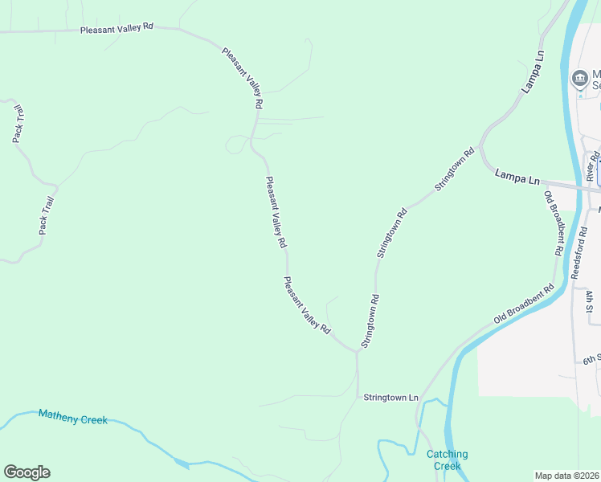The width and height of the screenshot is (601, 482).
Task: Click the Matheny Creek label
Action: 72,417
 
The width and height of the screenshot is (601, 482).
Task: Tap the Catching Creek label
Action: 447,460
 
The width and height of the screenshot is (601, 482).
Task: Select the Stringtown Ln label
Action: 391,397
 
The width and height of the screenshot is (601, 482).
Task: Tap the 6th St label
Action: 591,358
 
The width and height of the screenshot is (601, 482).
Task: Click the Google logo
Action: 27,472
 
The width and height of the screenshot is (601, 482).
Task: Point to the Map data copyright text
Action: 567,476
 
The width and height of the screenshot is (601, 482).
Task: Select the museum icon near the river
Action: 579,79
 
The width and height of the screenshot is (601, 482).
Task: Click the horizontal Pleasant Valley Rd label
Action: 117,27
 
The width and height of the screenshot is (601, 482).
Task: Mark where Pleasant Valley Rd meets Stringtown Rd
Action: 357,351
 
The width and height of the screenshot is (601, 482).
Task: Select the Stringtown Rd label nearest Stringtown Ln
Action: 370,321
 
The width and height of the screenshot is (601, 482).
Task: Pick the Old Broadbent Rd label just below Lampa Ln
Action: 552,223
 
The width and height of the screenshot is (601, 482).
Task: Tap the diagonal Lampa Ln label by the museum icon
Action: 534,73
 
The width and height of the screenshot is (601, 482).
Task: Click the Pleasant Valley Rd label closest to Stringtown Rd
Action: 306,304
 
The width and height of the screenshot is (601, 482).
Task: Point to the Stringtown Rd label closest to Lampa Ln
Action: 456,168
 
